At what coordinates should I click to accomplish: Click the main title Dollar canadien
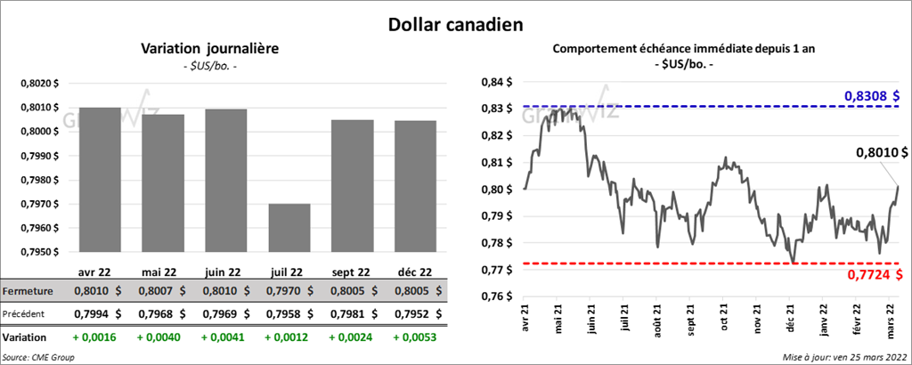[x=455, y=23]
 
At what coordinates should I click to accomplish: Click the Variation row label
[x=25, y=337]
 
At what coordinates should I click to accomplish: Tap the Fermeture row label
[x=28, y=290]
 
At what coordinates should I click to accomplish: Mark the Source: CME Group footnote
[x=38, y=356]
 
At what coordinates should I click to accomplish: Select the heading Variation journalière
[x=210, y=49]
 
